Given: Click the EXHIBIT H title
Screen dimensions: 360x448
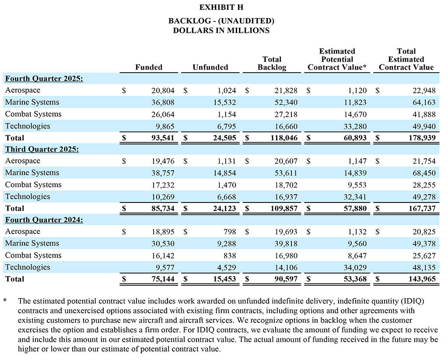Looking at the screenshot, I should (221, 7).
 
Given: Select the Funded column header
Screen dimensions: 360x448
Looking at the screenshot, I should (148, 67).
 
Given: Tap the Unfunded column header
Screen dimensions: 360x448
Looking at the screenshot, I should (210, 67).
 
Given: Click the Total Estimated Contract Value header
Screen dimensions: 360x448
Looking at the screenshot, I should (406, 59).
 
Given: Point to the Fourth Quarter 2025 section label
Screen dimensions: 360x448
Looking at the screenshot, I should (44, 79).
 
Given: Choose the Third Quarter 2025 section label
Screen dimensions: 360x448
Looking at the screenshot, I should (42, 149).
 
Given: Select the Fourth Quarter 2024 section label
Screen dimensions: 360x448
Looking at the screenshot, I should (44, 220).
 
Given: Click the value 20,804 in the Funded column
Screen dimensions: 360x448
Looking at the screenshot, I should (161, 91).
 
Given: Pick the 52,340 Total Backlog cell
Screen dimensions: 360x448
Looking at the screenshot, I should (285, 102).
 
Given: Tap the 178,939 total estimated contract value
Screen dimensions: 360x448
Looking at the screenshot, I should (421, 138).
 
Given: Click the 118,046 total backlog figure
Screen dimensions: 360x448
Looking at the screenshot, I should (283, 138).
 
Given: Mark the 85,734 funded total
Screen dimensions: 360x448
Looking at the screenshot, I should (161, 209).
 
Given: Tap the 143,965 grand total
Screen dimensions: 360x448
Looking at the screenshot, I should (421, 279).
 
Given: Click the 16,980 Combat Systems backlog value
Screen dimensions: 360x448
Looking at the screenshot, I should (285, 255).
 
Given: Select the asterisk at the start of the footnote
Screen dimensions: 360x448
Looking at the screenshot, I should (5, 301).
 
